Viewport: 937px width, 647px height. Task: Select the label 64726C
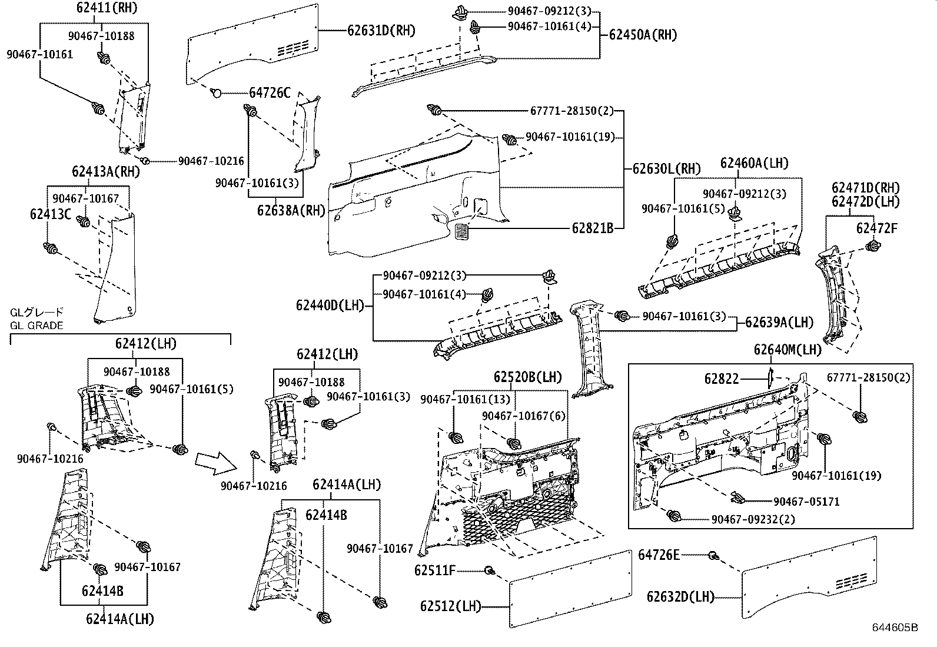coord(270,92)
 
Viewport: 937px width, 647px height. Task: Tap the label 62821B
coord(592,227)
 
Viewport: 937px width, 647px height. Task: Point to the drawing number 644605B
coord(895,628)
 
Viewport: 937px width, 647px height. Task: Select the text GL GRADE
coord(36,325)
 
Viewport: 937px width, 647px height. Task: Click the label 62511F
coord(435,570)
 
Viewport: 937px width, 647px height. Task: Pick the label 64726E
coord(659,555)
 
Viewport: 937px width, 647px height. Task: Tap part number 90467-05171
coord(806,502)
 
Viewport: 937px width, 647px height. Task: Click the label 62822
coord(722,379)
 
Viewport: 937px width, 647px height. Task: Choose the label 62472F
coord(877,228)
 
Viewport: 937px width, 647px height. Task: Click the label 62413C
coord(51,214)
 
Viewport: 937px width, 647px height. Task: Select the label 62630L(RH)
coord(667,169)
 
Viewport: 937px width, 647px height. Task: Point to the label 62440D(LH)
coord(330,306)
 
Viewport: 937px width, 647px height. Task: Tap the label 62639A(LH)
coord(779,322)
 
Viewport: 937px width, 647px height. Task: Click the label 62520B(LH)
coord(528,377)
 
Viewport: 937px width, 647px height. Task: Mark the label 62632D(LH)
coord(680,596)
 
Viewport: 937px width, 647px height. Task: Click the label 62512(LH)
coord(450,606)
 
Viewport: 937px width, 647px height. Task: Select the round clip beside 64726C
coord(216,92)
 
